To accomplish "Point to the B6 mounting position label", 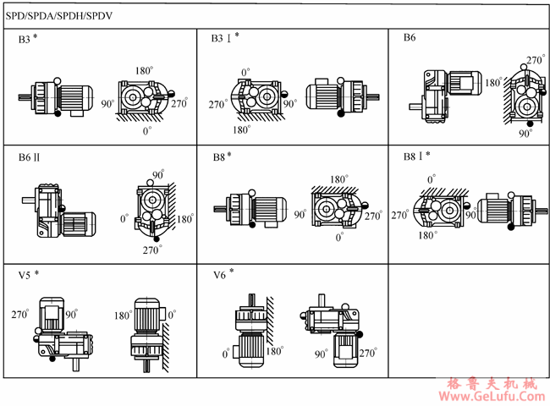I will pos(410,38).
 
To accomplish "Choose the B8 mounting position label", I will pos(222,156).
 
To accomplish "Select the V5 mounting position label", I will pos(27,276).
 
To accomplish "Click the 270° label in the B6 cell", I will pos(535,61).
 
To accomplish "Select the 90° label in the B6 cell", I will pos(525,134).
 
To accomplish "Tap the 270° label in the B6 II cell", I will pos(152,250).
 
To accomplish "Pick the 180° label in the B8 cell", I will pos(339,179).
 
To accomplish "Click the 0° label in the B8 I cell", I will pos(432,179).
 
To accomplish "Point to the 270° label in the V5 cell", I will pos(21,314).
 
